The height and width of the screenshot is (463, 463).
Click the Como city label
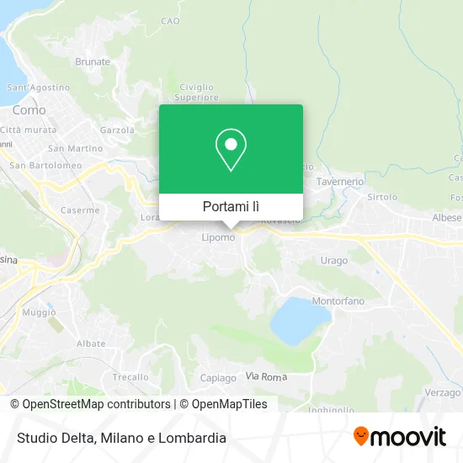(x=29, y=109)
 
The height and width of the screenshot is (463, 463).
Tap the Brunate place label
(x=93, y=61)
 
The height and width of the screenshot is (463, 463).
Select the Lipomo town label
(x=217, y=238)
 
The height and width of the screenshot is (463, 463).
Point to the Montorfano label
(x=338, y=301)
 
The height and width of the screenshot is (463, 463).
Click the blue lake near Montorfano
(x=299, y=319)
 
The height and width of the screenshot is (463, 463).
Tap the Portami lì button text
(x=231, y=206)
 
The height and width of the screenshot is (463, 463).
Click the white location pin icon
(x=231, y=150)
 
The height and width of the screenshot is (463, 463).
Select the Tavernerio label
(x=339, y=181)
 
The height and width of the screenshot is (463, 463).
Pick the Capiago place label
(x=218, y=378)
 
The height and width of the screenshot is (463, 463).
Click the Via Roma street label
(x=266, y=376)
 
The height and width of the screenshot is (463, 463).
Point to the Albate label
(x=91, y=343)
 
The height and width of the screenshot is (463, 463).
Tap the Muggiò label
(x=39, y=312)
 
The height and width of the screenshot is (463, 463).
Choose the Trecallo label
(x=130, y=377)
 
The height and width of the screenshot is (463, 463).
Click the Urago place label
(x=333, y=260)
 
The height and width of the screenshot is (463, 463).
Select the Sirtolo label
(x=381, y=196)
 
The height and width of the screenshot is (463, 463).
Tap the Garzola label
(x=117, y=130)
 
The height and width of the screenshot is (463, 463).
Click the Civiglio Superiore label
(x=197, y=91)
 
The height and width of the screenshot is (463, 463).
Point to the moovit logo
(x=399, y=437)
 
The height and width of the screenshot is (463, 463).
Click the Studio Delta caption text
(x=119, y=438)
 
